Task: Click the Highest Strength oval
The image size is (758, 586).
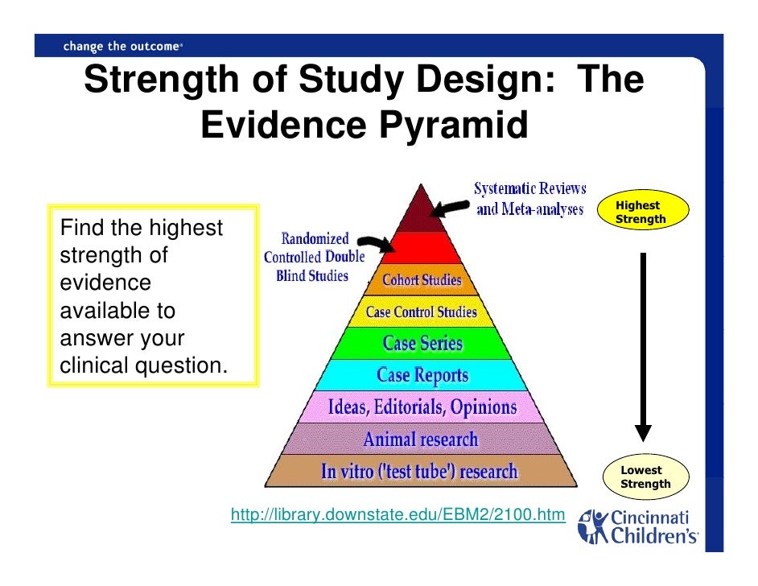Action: [x=641, y=213]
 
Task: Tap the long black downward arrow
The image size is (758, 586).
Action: [x=642, y=346]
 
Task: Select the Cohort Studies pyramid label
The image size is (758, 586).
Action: [x=422, y=280]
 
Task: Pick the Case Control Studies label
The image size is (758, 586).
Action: [x=421, y=312]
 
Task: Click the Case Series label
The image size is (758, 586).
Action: [x=422, y=344]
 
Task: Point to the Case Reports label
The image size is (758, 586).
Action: [x=422, y=375]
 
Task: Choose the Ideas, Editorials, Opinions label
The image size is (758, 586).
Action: [x=422, y=407]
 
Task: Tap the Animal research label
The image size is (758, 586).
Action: [x=421, y=439]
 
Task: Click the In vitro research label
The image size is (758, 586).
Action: [x=419, y=472]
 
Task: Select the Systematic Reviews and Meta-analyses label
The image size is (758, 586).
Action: [x=529, y=199]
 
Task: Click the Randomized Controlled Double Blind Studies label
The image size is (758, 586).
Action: [x=315, y=257]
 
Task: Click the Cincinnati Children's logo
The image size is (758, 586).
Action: [x=639, y=526]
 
